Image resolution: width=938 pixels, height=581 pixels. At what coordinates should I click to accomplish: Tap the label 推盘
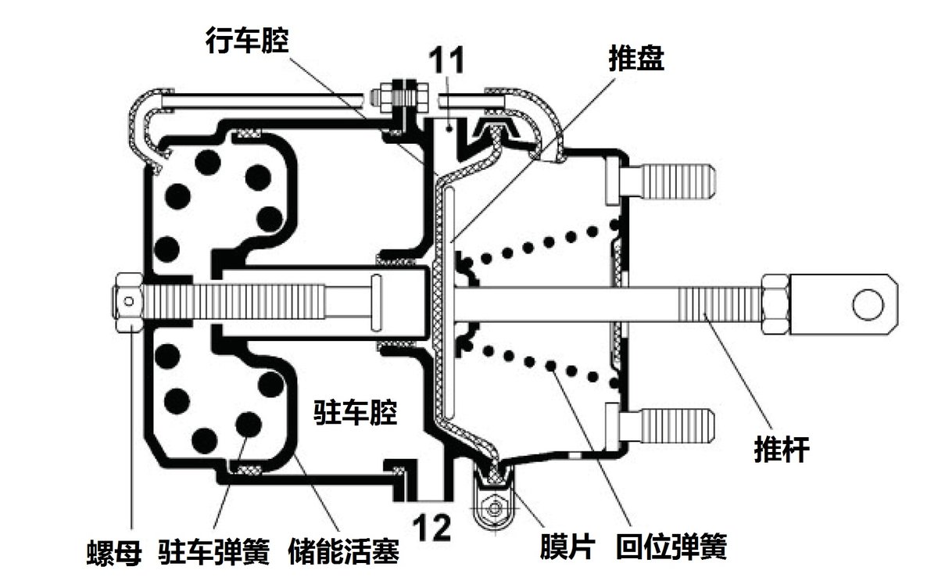pos(637,58)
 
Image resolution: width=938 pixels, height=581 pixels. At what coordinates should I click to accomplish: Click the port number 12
pos(432,529)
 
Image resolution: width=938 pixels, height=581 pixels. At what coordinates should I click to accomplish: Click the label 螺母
pos(113,554)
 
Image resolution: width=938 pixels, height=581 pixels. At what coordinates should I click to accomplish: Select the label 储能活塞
pos(344,554)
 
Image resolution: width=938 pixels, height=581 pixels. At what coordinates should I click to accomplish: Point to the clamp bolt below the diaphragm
pos(493,508)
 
